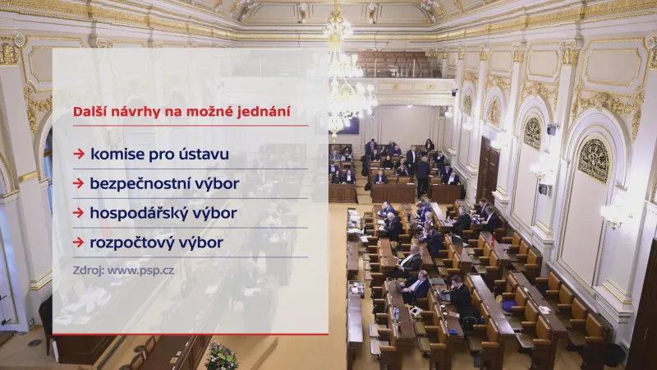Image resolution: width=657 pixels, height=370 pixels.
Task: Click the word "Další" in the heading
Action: pyautogui.click(x=88, y=109)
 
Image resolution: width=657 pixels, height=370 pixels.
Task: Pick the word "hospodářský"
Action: pyautogui.click(x=139, y=213)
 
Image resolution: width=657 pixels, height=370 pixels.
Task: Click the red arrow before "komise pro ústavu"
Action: pyautogui.click(x=78, y=154)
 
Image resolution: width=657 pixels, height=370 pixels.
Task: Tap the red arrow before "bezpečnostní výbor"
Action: pyautogui.click(x=78, y=183)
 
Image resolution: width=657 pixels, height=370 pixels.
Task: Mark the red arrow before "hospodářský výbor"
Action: pyautogui.click(x=78, y=213)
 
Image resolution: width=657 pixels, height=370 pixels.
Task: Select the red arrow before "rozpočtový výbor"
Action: pyautogui.click(x=78, y=243)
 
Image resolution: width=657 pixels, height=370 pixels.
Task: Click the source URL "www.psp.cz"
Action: pyautogui.click(x=142, y=270)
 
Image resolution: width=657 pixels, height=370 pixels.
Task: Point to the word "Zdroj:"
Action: pyautogui.click(x=89, y=270)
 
